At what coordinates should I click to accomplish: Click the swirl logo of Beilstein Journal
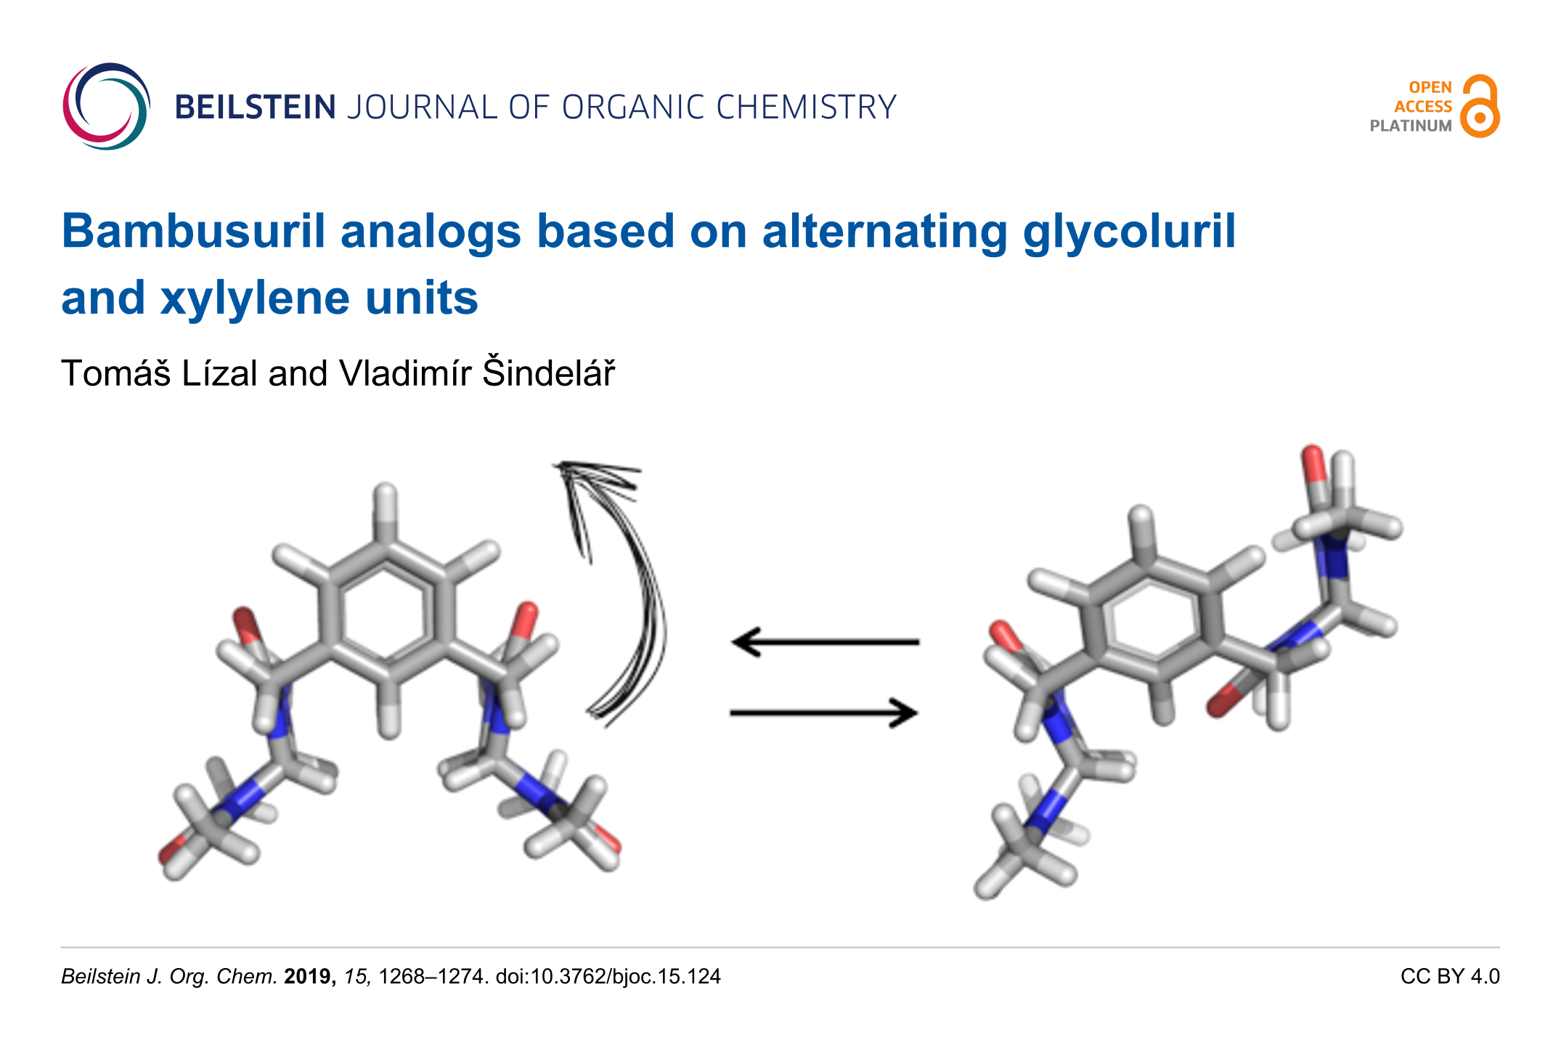click(106, 107)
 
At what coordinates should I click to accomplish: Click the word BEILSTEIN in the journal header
click(256, 107)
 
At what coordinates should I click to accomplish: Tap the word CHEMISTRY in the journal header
click(806, 107)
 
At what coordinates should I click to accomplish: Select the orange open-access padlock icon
click(1480, 106)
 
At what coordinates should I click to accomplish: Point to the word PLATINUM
click(1410, 126)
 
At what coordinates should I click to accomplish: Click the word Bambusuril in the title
click(193, 232)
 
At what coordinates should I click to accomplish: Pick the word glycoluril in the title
click(1129, 232)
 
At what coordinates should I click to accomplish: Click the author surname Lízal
click(219, 373)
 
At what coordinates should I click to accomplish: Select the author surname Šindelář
click(548, 373)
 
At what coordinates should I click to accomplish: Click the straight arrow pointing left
click(824, 642)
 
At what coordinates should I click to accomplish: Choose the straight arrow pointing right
click(824, 712)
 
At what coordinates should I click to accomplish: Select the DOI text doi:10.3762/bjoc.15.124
click(608, 976)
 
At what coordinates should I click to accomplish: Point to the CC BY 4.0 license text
click(1449, 976)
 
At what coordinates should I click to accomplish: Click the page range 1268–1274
click(431, 976)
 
